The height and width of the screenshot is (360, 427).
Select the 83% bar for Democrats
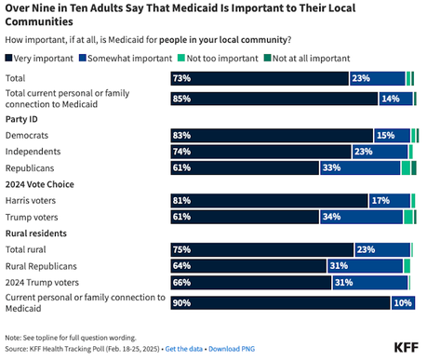coord(272,136)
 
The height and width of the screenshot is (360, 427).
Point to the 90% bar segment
coord(280,302)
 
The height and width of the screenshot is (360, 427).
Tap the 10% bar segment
coord(403,302)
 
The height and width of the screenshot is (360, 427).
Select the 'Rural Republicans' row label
coord(44,265)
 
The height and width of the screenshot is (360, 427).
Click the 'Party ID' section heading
coord(24,119)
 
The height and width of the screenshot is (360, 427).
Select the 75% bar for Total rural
coord(262,249)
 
